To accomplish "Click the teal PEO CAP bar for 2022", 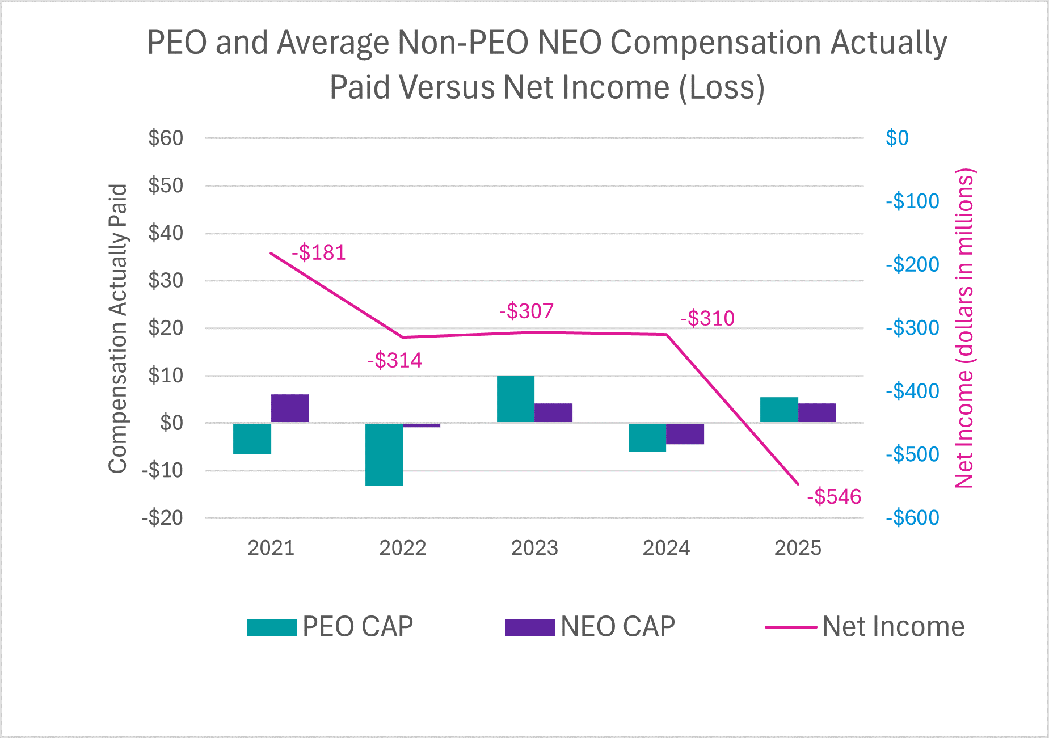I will click(x=384, y=454).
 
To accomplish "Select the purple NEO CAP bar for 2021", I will click(x=290, y=408).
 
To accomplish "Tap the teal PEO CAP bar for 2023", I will click(x=516, y=399).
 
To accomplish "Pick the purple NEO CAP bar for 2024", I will click(x=685, y=434).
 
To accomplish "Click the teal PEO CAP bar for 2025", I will click(x=779, y=410).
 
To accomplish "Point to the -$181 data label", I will click(x=319, y=252).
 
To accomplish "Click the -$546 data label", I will click(x=834, y=497).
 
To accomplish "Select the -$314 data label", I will click(x=395, y=360).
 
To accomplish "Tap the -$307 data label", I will click(x=526, y=311).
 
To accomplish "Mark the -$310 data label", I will click(x=707, y=318).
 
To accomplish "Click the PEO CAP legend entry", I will click(x=330, y=627).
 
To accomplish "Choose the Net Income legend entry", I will click(x=865, y=627).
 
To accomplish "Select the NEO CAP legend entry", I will click(x=590, y=627).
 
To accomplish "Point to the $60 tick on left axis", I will click(x=166, y=138).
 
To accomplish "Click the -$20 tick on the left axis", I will click(x=162, y=518).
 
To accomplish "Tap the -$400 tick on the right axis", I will click(x=912, y=391).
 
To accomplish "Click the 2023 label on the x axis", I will click(x=534, y=548).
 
